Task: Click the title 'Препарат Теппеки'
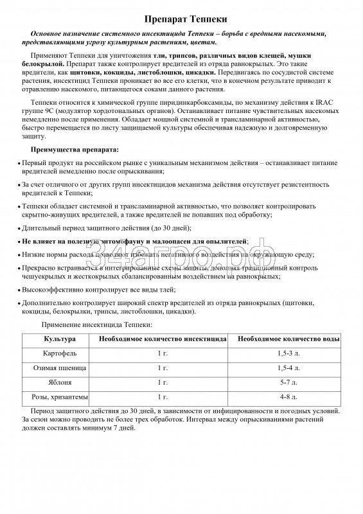click(x=181, y=21)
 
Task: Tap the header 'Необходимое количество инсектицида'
click(x=162, y=339)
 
